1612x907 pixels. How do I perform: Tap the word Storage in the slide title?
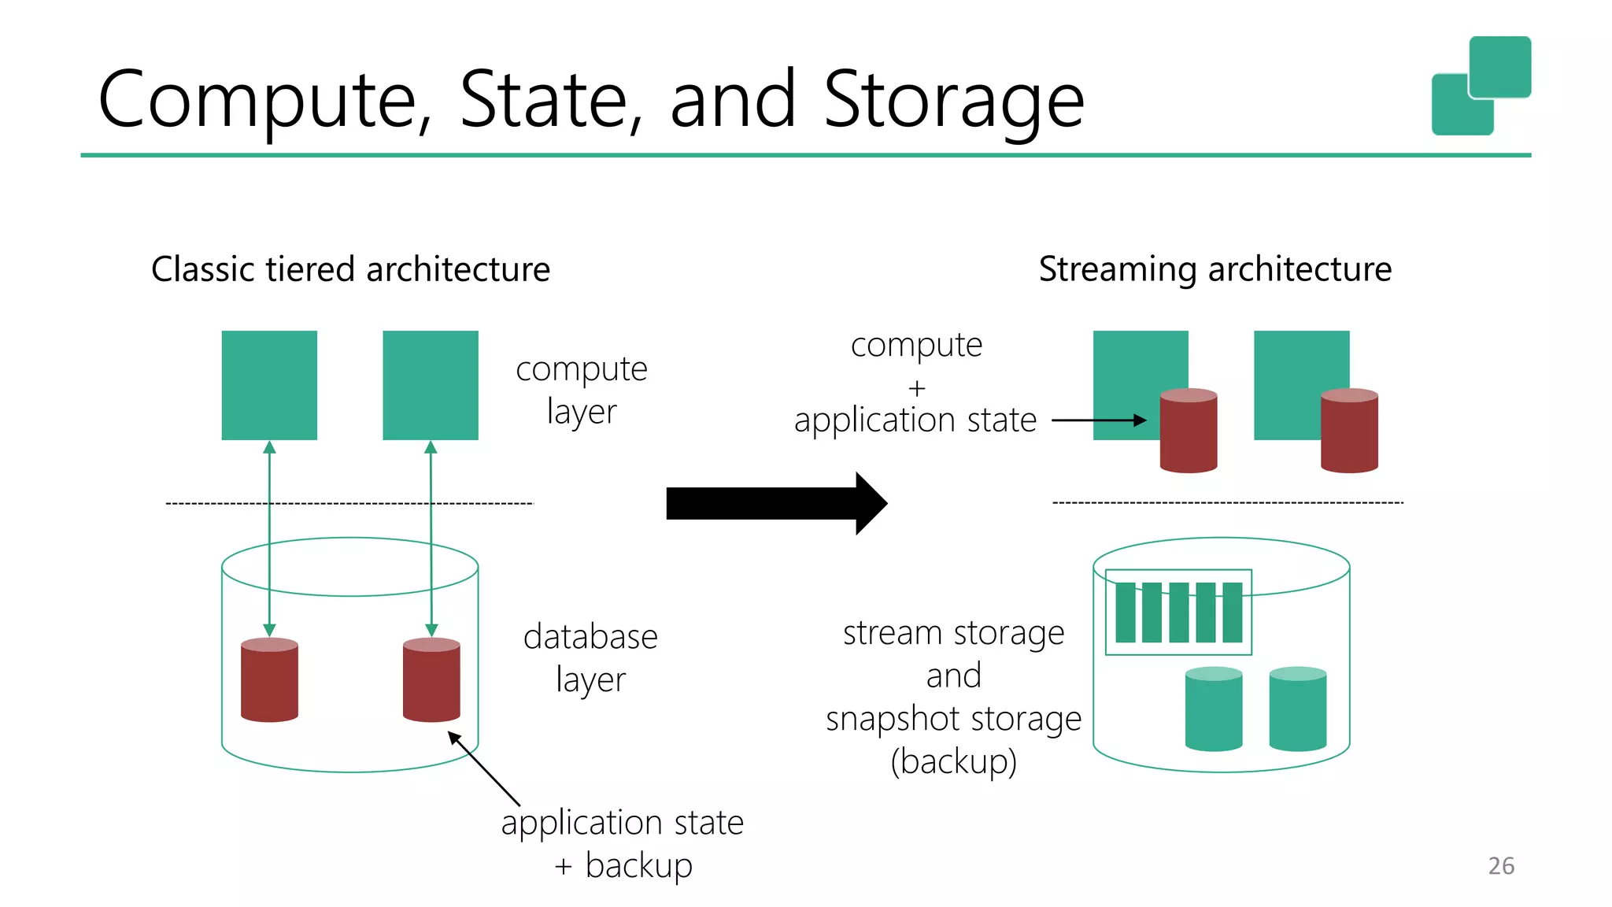[953, 100]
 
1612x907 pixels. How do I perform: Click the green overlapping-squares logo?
[1481, 85]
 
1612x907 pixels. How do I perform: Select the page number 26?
[1501, 865]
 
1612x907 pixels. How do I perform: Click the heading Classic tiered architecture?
[350, 269]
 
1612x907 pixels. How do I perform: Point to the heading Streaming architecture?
[1215, 269]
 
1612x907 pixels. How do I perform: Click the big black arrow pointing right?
[775, 503]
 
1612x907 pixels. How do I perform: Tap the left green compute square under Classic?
[269, 385]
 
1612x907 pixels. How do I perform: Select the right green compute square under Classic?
[430, 385]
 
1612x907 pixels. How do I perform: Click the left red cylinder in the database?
[269, 680]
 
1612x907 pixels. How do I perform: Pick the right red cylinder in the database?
[431, 680]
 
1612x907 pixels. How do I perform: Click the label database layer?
[590, 657]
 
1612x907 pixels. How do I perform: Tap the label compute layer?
[581, 390]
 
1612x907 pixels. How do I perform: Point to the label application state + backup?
[622, 843]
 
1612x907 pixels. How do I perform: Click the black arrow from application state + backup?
[484, 768]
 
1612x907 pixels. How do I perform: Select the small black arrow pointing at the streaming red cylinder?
[1099, 420]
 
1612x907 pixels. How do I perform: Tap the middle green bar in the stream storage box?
[1178, 613]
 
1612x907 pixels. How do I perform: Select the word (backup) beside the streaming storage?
[953, 761]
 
